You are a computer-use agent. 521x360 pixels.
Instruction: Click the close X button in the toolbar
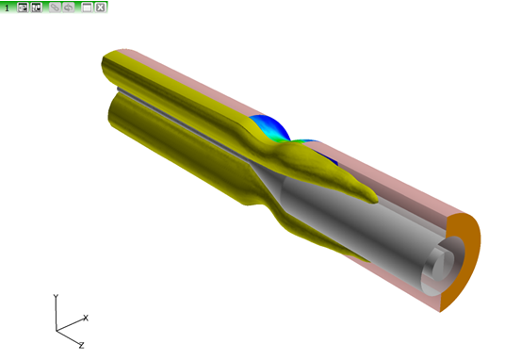[x=101, y=7]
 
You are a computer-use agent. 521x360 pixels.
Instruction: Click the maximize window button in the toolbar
[x=87, y=7]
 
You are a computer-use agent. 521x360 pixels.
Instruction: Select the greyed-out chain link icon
[x=55, y=7]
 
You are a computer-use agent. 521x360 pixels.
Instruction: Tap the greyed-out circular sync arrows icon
[x=69, y=7]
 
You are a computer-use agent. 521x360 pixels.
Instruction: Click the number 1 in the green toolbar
[x=7, y=8]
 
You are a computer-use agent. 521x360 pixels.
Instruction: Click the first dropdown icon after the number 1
[x=23, y=7]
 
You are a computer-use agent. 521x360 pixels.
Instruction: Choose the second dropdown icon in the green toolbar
[x=36, y=7]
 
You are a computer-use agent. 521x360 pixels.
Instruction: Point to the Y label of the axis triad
[x=56, y=297]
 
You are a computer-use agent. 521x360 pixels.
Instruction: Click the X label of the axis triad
[x=86, y=318]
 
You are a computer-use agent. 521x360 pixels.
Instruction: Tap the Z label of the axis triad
[x=81, y=345]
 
